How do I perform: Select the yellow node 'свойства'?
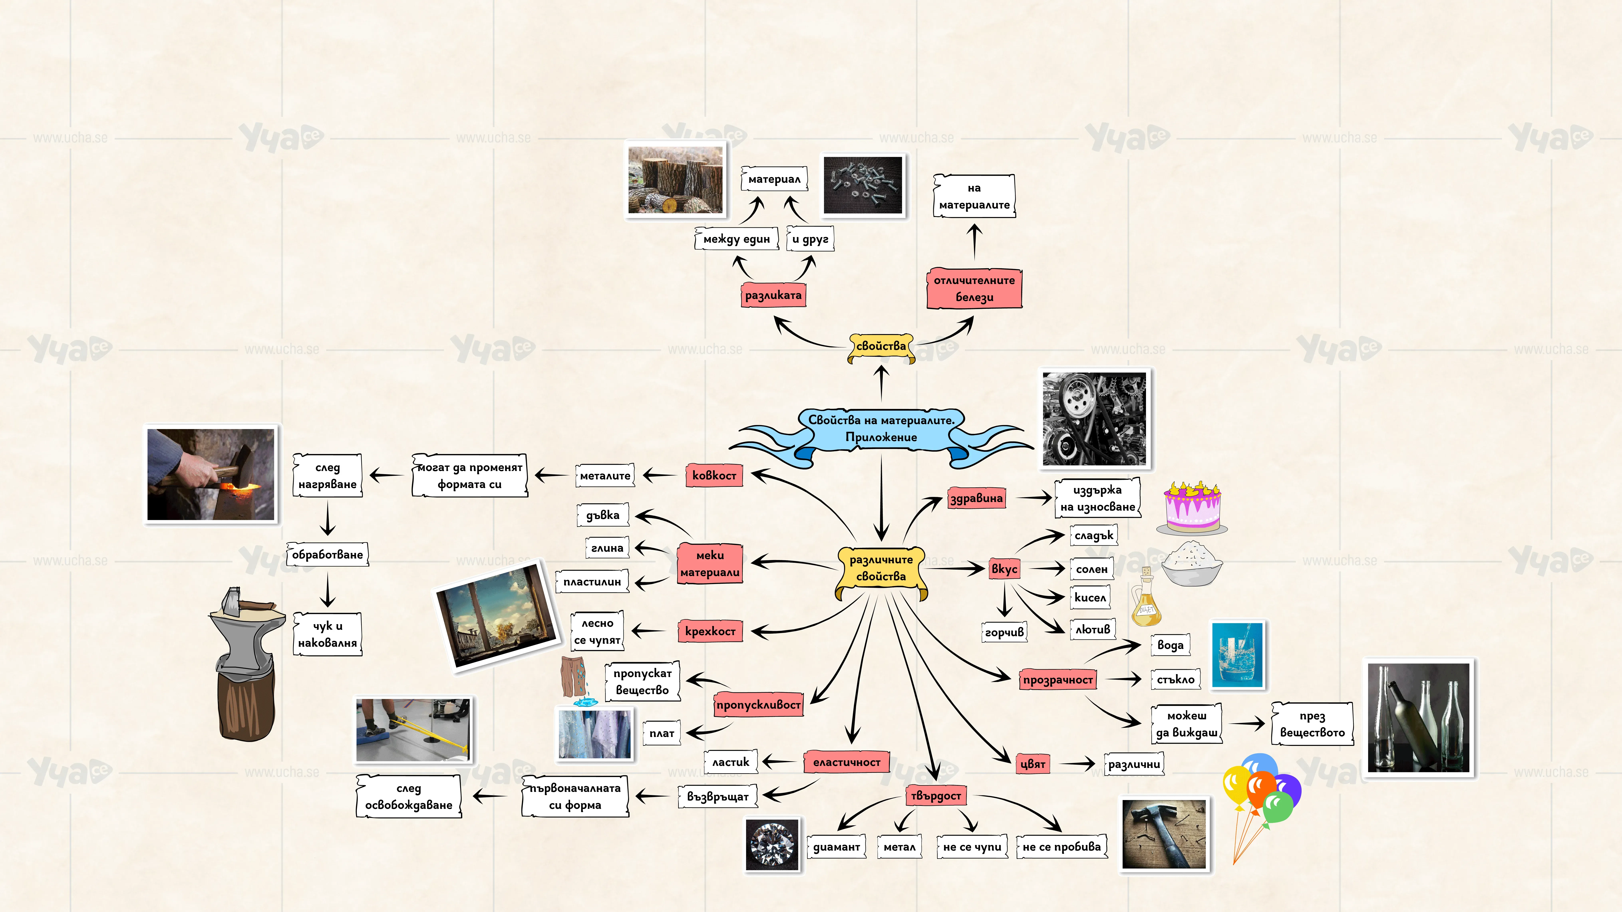(x=881, y=347)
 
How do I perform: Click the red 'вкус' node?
(x=1004, y=569)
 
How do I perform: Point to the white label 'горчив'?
(x=1004, y=632)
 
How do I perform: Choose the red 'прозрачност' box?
(x=1058, y=680)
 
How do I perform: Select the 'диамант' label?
(x=836, y=847)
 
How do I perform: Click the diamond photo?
(x=772, y=845)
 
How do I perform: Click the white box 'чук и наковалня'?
(x=327, y=634)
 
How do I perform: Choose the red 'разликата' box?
(x=773, y=295)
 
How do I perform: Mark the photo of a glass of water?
(x=1237, y=655)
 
